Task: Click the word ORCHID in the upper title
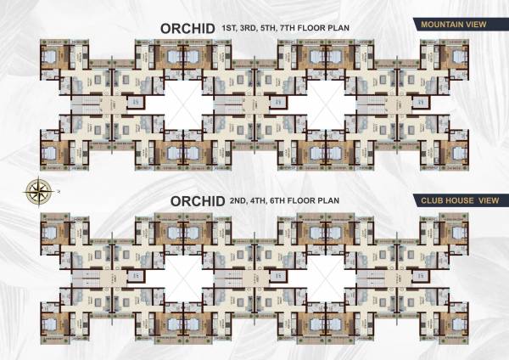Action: click(x=187, y=30)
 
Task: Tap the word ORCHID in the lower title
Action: click(x=197, y=202)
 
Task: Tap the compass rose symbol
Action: click(x=36, y=189)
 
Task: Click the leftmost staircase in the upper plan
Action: click(x=82, y=107)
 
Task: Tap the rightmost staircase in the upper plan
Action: click(x=370, y=107)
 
